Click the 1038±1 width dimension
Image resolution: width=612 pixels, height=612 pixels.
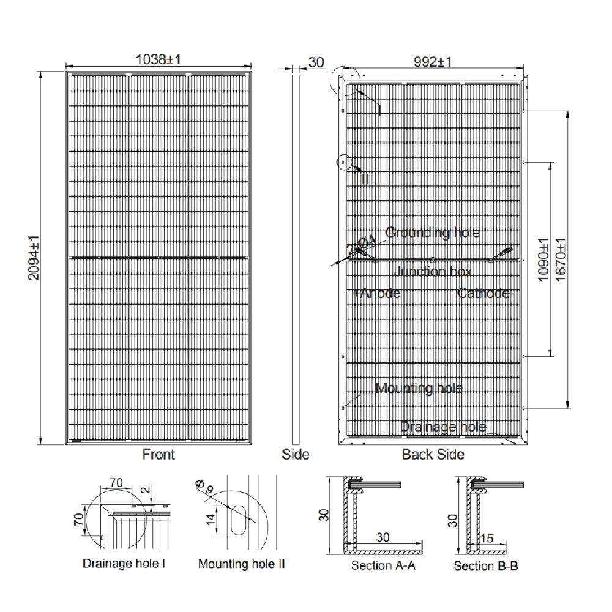click(x=158, y=59)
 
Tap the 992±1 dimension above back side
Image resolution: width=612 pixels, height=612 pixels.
click(x=433, y=61)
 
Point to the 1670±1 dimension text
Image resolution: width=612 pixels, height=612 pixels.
click(x=561, y=259)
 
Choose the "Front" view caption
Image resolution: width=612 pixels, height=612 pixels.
click(x=159, y=455)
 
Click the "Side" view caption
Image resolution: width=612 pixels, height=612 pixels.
click(x=296, y=455)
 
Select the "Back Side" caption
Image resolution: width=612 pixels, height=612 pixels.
click(x=433, y=455)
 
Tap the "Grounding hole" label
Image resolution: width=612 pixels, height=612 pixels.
click(x=432, y=233)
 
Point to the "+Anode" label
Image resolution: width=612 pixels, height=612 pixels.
click(x=376, y=294)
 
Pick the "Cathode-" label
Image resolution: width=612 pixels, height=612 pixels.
click(x=484, y=294)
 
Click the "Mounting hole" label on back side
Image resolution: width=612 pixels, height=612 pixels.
click(x=419, y=388)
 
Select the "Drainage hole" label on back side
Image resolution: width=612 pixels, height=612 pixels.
click(x=443, y=427)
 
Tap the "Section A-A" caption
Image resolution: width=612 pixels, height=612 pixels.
click(x=384, y=565)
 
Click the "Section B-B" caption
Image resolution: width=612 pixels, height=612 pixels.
click(x=486, y=565)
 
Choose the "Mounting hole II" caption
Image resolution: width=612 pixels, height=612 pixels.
click(x=241, y=564)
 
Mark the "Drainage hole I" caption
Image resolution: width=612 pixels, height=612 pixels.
click(x=124, y=564)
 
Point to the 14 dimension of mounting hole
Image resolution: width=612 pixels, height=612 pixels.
click(x=210, y=519)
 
